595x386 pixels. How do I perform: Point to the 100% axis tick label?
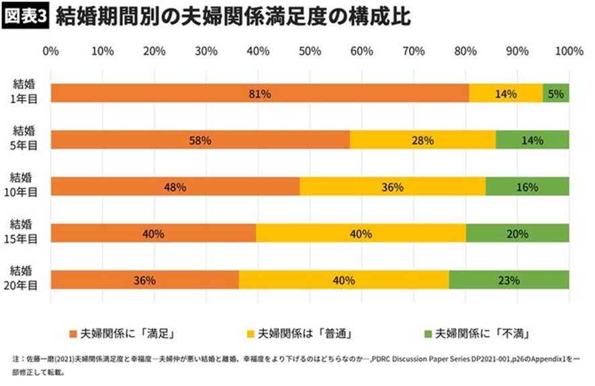(x=569, y=51)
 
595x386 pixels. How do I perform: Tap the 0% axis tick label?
(x=50, y=51)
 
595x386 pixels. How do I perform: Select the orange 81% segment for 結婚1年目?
(x=259, y=94)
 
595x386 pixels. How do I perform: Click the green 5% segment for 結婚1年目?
(x=556, y=94)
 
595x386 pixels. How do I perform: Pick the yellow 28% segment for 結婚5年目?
(x=422, y=140)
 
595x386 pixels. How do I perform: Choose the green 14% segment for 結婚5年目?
(x=533, y=140)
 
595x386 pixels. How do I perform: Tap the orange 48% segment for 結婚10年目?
(x=175, y=187)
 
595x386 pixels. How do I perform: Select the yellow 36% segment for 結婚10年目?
(x=392, y=187)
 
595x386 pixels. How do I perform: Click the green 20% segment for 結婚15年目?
(x=518, y=233)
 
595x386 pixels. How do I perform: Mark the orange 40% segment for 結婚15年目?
(x=153, y=233)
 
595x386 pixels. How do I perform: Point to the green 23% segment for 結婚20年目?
(x=509, y=280)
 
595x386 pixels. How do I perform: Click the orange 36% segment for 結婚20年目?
(x=144, y=280)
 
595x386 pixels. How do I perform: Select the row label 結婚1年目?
(x=24, y=91)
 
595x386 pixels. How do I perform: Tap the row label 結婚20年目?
(x=24, y=277)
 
